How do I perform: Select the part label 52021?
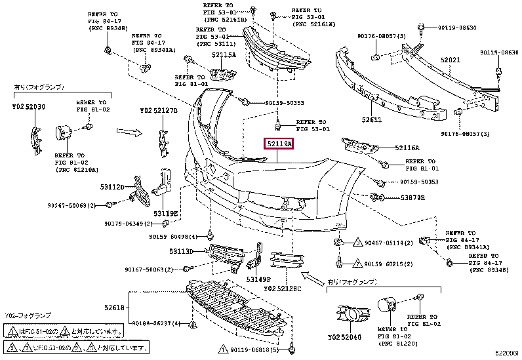[451, 60]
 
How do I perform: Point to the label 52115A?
[224, 55]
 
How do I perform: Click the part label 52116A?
[407, 149]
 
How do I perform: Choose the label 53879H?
[412, 197]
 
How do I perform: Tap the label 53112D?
[113, 187]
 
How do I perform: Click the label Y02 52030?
[29, 107]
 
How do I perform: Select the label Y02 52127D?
[159, 111]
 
